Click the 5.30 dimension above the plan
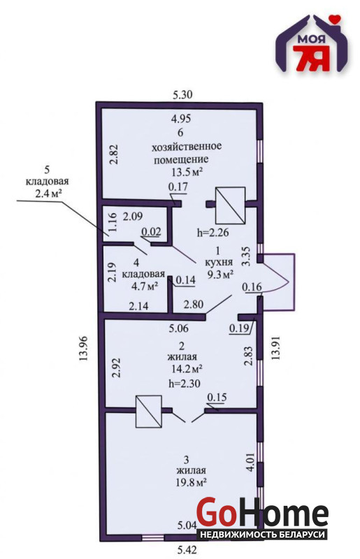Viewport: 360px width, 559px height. (182, 95)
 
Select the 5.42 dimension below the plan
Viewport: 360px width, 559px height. (187, 550)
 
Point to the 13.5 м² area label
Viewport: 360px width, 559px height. (187, 173)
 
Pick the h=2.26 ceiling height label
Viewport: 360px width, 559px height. (213, 233)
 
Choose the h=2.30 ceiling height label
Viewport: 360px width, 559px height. (184, 384)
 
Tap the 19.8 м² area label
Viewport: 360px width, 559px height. (192, 483)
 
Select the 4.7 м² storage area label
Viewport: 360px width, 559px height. (145, 286)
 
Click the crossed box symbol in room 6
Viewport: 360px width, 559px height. (230, 204)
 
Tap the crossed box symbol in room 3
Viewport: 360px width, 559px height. (149, 412)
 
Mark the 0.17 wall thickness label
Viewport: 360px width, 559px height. (178, 187)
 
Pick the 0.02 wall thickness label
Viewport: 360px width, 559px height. (151, 232)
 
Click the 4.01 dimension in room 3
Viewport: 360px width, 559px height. (250, 463)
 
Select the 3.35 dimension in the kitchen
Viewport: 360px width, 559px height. (246, 256)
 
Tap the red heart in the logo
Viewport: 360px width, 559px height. (335, 18)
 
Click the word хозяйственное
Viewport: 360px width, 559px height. (187, 146)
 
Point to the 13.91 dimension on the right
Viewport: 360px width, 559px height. (275, 348)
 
